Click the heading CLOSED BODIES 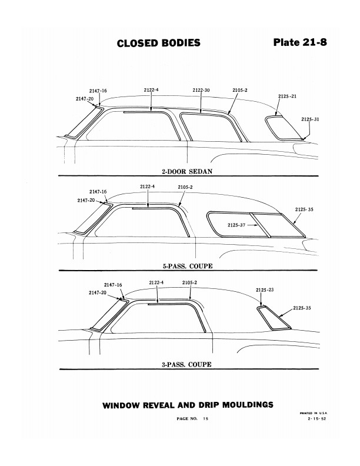158,43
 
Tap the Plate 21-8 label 300,42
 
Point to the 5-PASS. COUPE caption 187,266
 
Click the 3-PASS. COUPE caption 187,364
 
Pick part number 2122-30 202,90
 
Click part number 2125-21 286,96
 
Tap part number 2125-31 309,119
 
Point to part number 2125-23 265,289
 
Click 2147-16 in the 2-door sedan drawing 98,91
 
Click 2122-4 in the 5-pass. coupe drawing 148,187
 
